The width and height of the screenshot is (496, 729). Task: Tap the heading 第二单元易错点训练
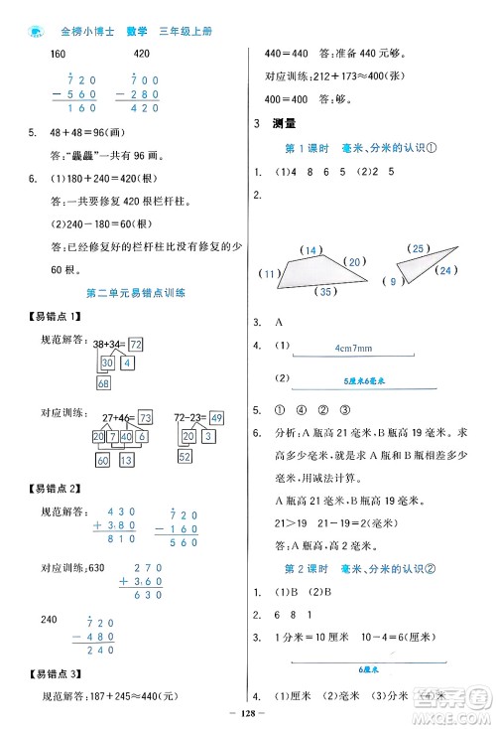(126, 293)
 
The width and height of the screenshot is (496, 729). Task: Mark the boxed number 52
(186, 457)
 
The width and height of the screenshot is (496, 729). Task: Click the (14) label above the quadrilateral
(312, 248)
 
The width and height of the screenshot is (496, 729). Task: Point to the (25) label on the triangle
(420, 248)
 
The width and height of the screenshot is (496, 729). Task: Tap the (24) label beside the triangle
(444, 270)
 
